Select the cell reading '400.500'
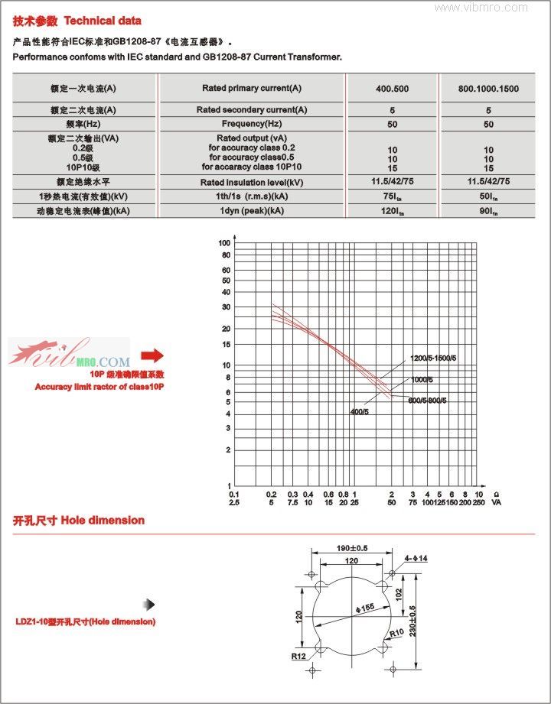pyautogui.click(x=392, y=89)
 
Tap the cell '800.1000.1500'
pyautogui.click(x=488, y=89)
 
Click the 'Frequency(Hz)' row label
pyautogui.click(x=252, y=124)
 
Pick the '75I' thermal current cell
pyautogui.click(x=393, y=196)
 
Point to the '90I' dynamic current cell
pyautogui.click(x=488, y=210)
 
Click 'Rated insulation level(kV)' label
pyautogui.click(x=252, y=182)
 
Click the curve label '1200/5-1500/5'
pyautogui.click(x=433, y=358)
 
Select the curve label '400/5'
pyautogui.click(x=360, y=412)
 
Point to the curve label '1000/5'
pyautogui.click(x=422, y=379)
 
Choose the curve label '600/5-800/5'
pyautogui.click(x=428, y=400)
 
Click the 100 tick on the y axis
pyautogui.click(x=224, y=243)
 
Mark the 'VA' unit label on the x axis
pyautogui.click(x=496, y=503)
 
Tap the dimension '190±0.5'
pyautogui.click(x=353, y=547)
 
